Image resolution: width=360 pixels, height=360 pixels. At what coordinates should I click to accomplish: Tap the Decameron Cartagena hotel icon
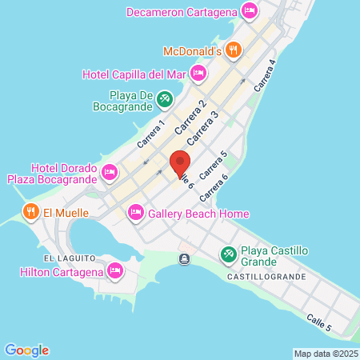click(x=249, y=11)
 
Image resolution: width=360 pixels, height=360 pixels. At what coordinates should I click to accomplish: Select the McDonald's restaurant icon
click(x=233, y=50)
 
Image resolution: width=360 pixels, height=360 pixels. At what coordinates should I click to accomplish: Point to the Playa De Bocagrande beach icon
click(x=164, y=99)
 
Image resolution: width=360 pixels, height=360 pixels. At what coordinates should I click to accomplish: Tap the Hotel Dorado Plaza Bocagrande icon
click(x=110, y=172)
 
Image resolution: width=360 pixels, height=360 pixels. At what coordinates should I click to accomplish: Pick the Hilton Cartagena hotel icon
click(x=115, y=271)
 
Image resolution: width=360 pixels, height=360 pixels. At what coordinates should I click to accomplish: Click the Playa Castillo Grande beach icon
click(x=229, y=254)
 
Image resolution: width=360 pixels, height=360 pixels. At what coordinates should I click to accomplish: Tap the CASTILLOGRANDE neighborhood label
click(x=266, y=277)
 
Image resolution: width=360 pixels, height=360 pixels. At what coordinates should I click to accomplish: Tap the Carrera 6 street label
click(x=214, y=189)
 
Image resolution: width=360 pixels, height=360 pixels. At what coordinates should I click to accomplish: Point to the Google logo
click(x=26, y=350)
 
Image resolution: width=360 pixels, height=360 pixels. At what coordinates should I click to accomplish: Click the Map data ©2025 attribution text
click(x=325, y=354)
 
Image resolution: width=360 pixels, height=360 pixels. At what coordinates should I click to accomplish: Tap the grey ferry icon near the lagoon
click(x=185, y=258)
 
